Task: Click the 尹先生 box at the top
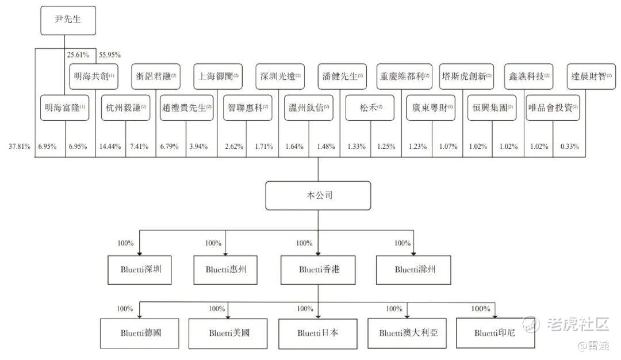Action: click(x=68, y=21)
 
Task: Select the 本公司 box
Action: click(x=318, y=196)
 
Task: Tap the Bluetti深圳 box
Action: click(x=140, y=268)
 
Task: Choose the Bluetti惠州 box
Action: click(x=225, y=268)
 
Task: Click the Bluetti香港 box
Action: click(x=319, y=268)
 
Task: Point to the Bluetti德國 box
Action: click(x=141, y=332)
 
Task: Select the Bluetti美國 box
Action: click(x=229, y=332)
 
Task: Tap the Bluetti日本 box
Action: click(x=318, y=332)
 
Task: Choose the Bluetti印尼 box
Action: click(x=494, y=332)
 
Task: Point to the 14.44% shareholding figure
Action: click(x=110, y=147)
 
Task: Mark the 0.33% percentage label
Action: click(x=569, y=147)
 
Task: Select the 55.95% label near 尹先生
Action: click(x=110, y=55)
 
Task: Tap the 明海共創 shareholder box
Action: click(x=94, y=76)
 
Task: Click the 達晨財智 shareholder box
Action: click(x=590, y=76)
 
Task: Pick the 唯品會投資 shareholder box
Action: click(x=553, y=108)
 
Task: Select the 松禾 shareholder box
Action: click(x=370, y=108)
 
